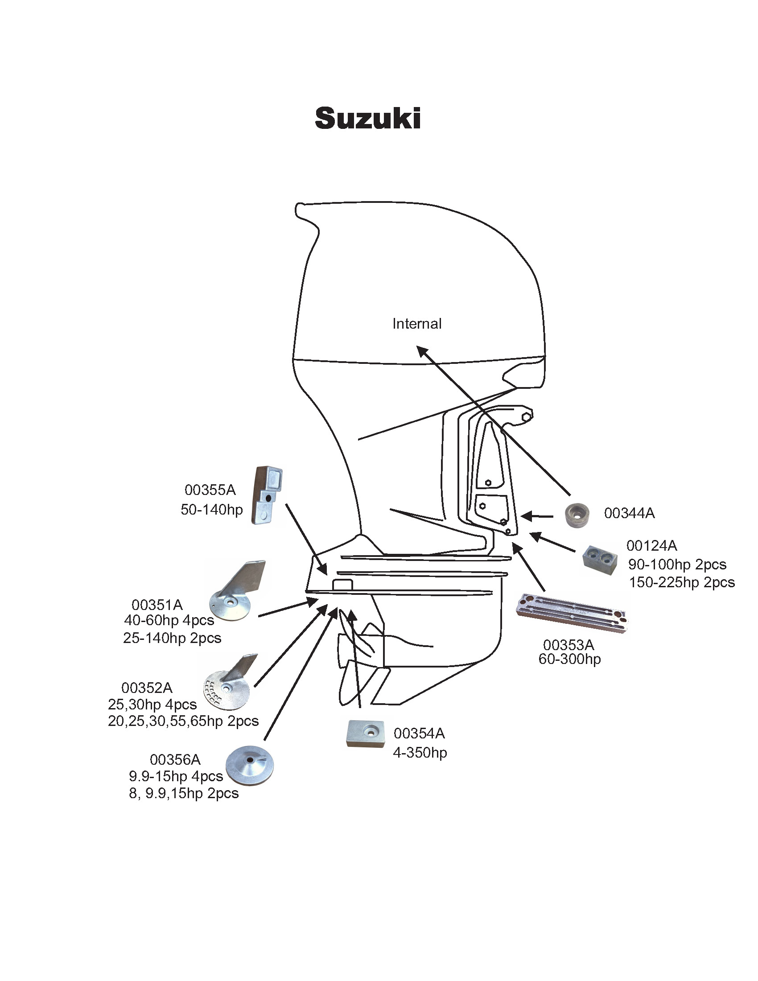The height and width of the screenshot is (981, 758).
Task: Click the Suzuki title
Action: [x=367, y=119]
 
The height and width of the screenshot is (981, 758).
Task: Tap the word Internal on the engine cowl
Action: [x=417, y=324]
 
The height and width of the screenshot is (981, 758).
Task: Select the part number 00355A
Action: [x=210, y=490]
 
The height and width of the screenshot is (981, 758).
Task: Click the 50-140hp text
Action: [x=211, y=509]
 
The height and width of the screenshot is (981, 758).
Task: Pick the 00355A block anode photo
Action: [x=268, y=495]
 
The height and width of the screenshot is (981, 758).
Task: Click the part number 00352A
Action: [x=147, y=688]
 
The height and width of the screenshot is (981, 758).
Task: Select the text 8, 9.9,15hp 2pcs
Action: [x=184, y=793]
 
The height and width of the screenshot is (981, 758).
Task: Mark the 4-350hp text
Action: [x=420, y=752]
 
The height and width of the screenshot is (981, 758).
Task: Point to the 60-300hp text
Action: [x=569, y=659]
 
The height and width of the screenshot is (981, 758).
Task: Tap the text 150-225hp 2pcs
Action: [x=682, y=583]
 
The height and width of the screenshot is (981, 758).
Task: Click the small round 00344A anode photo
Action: [x=577, y=515]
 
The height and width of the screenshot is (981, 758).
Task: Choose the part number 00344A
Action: [x=629, y=513]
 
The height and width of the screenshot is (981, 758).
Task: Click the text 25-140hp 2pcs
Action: [x=172, y=638]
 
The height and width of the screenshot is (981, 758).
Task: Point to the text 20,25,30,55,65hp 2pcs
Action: [x=183, y=721]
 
